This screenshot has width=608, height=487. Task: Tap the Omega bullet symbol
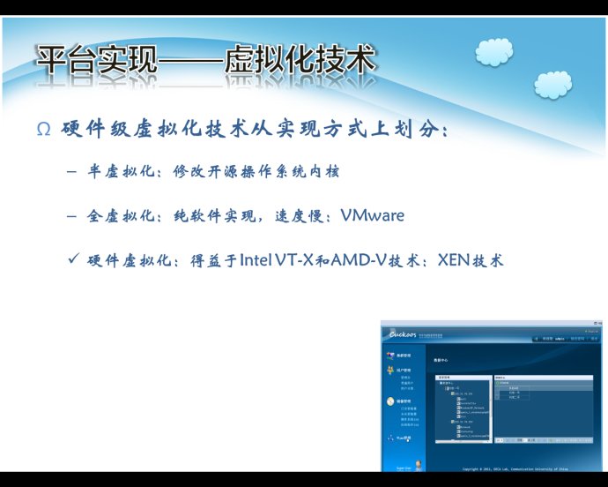tap(43, 131)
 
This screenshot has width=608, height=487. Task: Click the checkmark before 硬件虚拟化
tap(73, 260)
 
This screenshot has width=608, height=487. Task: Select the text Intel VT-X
tap(276, 261)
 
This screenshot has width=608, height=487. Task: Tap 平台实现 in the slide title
tap(96, 61)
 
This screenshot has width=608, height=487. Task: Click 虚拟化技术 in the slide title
tap(300, 61)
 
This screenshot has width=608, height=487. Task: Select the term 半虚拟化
tap(119, 171)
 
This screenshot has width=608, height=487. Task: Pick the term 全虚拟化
tap(119, 215)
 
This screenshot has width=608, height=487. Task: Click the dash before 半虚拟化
tap(71, 171)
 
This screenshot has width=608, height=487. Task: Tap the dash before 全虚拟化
tap(71, 215)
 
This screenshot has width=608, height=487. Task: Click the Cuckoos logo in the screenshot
tap(407, 333)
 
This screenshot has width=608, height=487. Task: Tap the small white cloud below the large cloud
tap(553, 86)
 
